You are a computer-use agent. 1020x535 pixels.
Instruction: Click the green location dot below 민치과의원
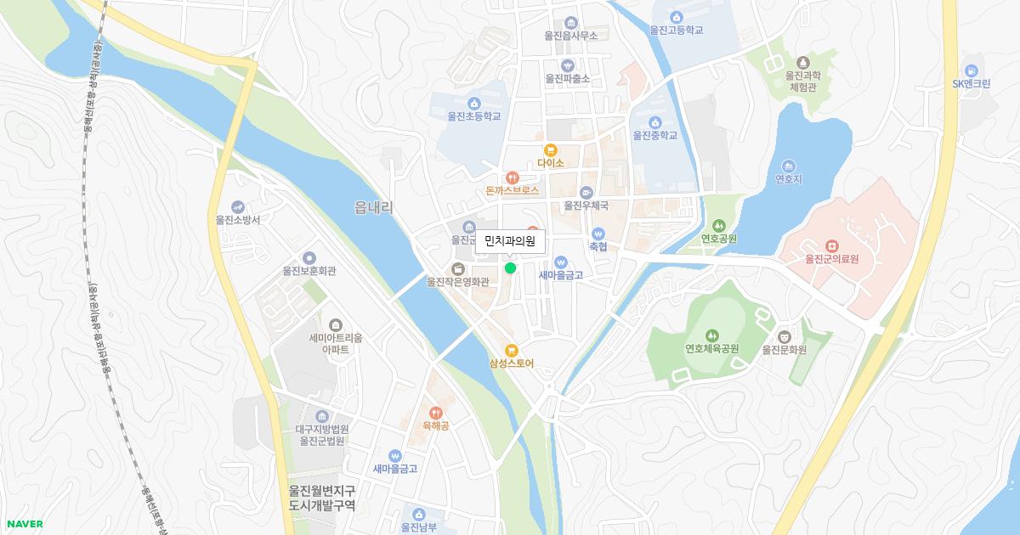pyautogui.click(x=510, y=267)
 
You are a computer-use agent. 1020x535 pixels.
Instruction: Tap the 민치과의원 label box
pyautogui.click(x=509, y=242)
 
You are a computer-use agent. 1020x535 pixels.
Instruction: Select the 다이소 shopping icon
pyautogui.click(x=551, y=149)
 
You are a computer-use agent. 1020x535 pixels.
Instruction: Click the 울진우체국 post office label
pyautogui.click(x=586, y=206)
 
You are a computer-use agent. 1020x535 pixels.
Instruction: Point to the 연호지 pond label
pyautogui.click(x=789, y=179)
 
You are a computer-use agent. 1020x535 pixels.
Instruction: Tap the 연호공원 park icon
pyautogui.click(x=718, y=225)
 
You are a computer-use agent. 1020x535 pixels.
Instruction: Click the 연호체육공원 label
pyautogui.click(x=712, y=349)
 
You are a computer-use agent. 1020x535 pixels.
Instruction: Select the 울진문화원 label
pyautogui.click(x=784, y=349)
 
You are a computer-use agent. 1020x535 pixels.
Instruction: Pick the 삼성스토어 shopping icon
pyautogui.click(x=511, y=350)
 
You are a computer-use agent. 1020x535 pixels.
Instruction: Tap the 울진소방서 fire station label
pyautogui.click(x=238, y=219)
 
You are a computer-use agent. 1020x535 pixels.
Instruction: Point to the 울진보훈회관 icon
pyautogui.click(x=309, y=257)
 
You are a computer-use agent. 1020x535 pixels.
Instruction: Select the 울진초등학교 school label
pyautogui.click(x=473, y=116)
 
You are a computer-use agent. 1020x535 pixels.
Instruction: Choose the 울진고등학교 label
pyautogui.click(x=677, y=30)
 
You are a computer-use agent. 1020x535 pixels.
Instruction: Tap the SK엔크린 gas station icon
pyautogui.click(x=972, y=70)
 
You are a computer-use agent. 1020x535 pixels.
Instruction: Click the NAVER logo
pyautogui.click(x=25, y=524)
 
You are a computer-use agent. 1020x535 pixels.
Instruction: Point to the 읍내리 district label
pyautogui.click(x=373, y=206)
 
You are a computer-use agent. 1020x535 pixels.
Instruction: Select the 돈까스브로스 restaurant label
pyautogui.click(x=513, y=192)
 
